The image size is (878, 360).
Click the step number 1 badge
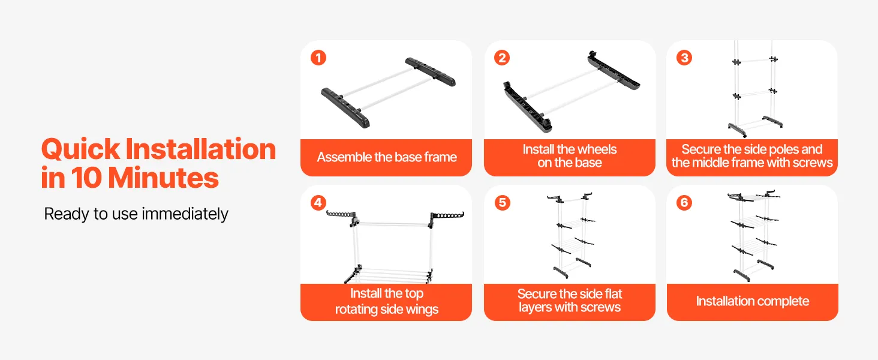(318, 58)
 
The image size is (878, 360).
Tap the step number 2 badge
(502, 58)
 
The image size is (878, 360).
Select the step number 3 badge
(684, 58)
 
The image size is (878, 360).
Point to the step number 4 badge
(318, 202)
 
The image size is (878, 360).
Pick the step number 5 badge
(502, 202)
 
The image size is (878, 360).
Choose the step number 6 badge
(684, 202)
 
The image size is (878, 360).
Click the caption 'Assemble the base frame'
(387, 157)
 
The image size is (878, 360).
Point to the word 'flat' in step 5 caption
(613, 294)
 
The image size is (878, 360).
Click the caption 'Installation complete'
(753, 301)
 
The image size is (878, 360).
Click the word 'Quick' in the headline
(80, 149)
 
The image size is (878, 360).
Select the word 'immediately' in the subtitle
(185, 214)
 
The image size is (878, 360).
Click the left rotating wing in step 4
(342, 217)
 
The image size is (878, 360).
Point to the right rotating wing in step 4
(447, 217)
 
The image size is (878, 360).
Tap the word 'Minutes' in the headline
(163, 178)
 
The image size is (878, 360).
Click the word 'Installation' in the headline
(201, 149)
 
